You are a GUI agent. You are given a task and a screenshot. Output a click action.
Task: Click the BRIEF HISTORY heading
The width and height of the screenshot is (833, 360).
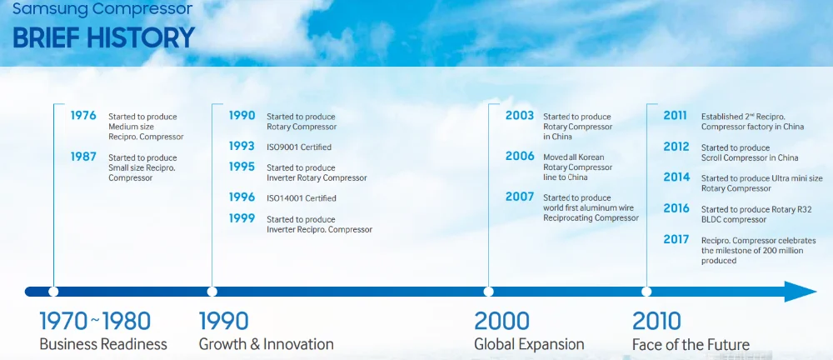pos(103,37)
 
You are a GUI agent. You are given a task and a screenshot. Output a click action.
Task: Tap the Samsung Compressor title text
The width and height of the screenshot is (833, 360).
pos(102,9)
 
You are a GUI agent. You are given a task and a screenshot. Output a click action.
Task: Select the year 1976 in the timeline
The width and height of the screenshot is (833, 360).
pos(83,115)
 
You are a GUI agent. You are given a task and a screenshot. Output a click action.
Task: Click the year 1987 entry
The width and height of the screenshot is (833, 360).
pos(83,157)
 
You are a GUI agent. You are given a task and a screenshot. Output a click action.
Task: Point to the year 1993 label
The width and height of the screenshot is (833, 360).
pos(242,146)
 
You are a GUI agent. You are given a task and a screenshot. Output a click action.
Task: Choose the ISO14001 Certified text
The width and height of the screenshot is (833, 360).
pos(302,198)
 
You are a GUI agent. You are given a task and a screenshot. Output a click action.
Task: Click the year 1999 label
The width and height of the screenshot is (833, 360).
pos(242,218)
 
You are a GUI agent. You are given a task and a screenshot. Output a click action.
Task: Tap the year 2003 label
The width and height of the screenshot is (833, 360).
pos(520,115)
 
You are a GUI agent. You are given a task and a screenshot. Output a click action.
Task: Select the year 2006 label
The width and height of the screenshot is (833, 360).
pos(520,157)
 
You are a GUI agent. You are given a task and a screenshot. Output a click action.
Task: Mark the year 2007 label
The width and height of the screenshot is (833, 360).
pos(520,197)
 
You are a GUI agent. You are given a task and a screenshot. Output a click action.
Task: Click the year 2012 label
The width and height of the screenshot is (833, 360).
pos(676,146)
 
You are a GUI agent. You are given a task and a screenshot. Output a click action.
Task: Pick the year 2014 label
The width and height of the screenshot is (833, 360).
pos(676,177)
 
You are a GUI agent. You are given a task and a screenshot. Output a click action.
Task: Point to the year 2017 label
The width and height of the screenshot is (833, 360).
pos(676,239)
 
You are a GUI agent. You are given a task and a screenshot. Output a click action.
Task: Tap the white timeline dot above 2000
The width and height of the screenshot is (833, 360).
pos(488,292)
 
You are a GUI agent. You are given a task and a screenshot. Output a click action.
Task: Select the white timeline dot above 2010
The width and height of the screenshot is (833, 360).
pos(646,292)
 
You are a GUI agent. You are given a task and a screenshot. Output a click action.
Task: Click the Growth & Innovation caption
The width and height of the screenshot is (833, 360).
pos(267,344)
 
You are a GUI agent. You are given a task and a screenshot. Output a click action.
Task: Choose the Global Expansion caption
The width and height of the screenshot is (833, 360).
pos(529,344)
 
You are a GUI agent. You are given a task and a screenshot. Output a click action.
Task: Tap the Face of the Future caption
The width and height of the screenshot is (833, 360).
pos(691,344)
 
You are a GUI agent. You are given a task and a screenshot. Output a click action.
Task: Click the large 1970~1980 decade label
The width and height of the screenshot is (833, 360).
pos(95,321)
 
